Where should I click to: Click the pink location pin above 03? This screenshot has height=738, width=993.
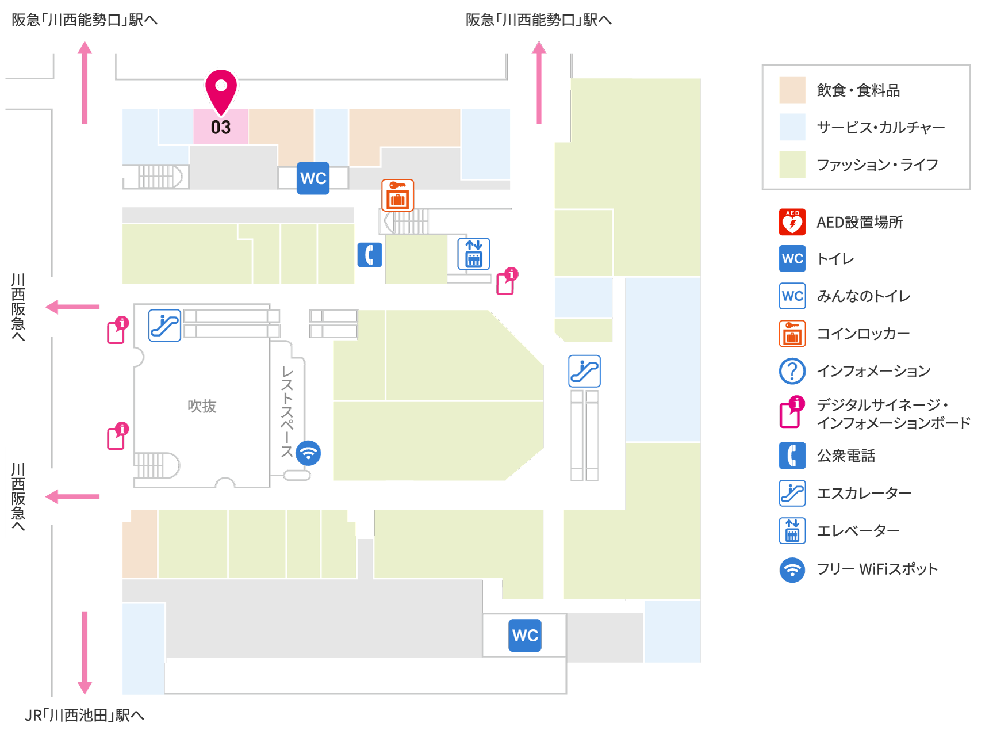click(x=221, y=90)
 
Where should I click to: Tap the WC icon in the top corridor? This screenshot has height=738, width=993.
click(x=313, y=178)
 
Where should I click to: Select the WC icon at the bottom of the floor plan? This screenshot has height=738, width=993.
click(x=525, y=635)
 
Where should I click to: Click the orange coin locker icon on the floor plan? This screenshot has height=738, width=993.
click(x=398, y=195)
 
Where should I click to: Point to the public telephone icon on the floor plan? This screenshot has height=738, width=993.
click(x=370, y=255)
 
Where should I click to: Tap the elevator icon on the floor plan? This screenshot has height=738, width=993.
click(x=474, y=254)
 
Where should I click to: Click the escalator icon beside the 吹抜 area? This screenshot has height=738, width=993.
click(x=164, y=326)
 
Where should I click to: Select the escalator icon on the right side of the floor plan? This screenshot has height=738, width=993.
click(x=584, y=371)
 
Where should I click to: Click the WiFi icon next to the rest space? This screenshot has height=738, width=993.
click(x=308, y=453)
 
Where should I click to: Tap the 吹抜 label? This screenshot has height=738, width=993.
click(x=202, y=406)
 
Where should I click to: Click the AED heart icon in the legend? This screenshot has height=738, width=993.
click(x=792, y=222)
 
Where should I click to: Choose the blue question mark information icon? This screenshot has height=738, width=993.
click(x=792, y=371)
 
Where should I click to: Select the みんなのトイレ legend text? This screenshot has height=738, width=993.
click(x=864, y=296)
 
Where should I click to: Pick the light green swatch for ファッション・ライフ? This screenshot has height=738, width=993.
click(x=792, y=165)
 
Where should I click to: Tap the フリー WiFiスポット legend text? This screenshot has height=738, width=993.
click(x=877, y=569)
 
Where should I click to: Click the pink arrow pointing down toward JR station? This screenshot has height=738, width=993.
click(x=85, y=653)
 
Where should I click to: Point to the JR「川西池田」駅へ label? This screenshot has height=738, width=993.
click(x=85, y=715)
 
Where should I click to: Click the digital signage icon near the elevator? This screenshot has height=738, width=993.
click(x=507, y=281)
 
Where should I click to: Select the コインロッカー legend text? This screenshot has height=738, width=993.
click(x=863, y=334)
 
